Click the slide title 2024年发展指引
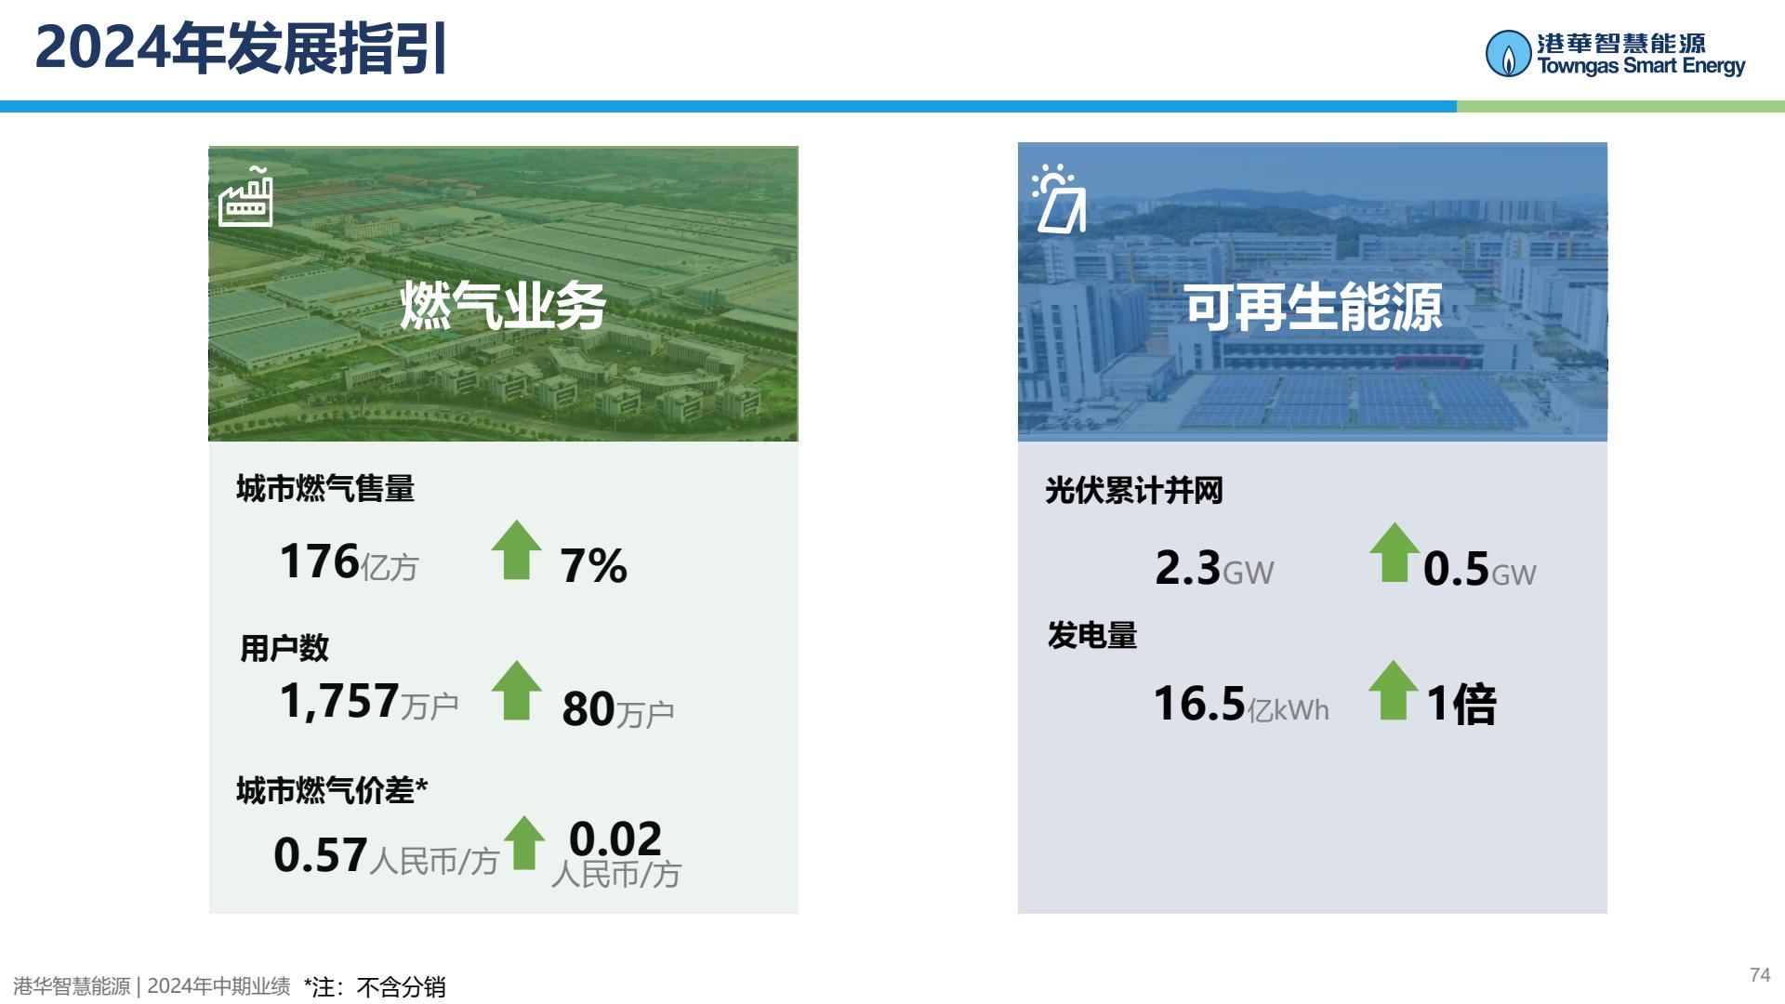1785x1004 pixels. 242,48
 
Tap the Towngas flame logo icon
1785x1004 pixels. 1508,54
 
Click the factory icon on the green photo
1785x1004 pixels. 245,196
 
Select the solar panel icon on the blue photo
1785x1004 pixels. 1059,199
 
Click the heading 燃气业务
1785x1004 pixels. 503,306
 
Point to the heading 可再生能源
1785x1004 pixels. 1313,308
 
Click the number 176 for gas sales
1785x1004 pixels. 319,561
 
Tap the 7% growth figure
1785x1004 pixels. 593,565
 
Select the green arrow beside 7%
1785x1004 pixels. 517,549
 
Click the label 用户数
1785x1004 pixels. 284,648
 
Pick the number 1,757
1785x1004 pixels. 339,701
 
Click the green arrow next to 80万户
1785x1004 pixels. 517,690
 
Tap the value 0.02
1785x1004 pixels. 615,839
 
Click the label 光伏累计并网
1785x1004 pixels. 1134,490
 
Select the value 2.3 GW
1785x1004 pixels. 1214,568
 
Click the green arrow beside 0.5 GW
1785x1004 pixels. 1395,552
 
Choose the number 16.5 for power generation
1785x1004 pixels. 1199,704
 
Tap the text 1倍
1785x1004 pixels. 1461,704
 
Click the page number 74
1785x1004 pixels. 1760,974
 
